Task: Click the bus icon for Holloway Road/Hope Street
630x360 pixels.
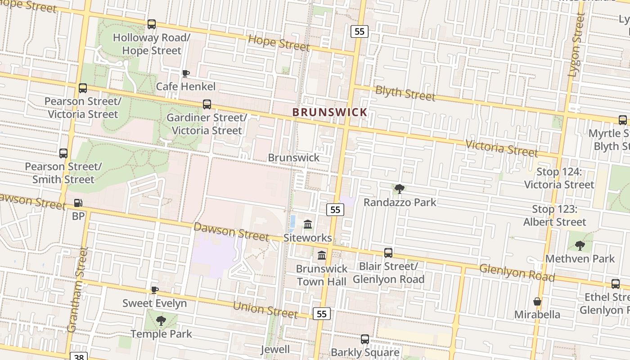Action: [x=152, y=24]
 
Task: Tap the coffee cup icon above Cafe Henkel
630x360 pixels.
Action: [x=185, y=73]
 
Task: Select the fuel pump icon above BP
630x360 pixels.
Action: [x=78, y=203]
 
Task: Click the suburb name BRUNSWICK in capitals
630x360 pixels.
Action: [x=330, y=112]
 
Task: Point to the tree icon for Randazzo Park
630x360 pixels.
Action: [x=399, y=189]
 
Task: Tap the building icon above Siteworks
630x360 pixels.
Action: [x=308, y=224]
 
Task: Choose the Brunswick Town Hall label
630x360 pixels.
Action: [x=321, y=275]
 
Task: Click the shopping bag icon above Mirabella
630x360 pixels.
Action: [x=537, y=301]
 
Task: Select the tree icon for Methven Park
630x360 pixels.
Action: [x=580, y=245]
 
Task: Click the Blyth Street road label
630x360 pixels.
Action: [x=405, y=93]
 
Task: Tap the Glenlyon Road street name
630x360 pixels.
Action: [x=517, y=272]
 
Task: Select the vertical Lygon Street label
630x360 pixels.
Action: [x=576, y=45]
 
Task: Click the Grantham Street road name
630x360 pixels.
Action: [x=77, y=290]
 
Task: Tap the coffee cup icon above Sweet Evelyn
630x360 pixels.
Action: [x=154, y=290]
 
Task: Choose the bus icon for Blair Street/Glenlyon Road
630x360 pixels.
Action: [x=388, y=253]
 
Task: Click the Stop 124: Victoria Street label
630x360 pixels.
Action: [x=559, y=178]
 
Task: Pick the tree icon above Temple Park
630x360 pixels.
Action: [x=161, y=321]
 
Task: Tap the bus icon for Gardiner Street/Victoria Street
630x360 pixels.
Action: [x=207, y=104]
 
